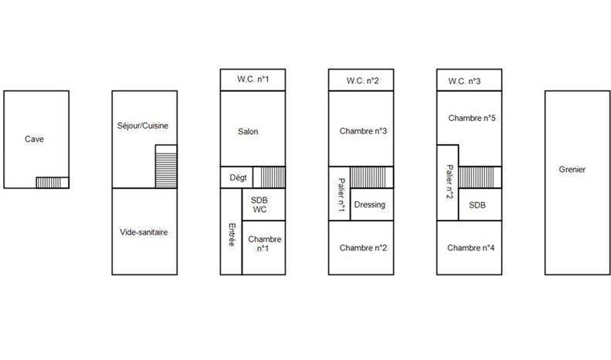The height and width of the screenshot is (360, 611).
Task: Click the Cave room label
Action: coord(34,139)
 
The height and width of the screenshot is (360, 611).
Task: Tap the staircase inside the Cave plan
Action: coord(49,182)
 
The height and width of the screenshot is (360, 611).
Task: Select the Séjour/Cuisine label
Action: coord(143,126)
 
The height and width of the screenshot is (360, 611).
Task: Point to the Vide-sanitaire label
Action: coord(144,232)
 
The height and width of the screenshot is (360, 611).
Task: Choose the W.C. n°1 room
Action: coord(253,80)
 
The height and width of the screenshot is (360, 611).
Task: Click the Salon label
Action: coord(248,132)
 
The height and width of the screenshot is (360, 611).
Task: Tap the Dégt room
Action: coord(237,178)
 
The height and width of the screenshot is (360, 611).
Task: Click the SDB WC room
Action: coord(264,204)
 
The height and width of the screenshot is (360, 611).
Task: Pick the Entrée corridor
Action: coord(231,232)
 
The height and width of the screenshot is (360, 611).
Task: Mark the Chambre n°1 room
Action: coord(264,248)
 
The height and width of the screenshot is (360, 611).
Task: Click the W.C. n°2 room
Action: coord(361,80)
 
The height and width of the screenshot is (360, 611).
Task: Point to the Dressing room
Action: coord(372,204)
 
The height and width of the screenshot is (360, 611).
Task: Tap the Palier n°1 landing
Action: coord(339,194)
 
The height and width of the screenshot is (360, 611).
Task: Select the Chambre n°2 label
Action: coord(363,248)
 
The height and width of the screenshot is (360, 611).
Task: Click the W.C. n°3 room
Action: coord(469,80)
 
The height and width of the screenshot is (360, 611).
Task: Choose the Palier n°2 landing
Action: coord(448,183)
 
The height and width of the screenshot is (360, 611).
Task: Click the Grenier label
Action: coord(572,169)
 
